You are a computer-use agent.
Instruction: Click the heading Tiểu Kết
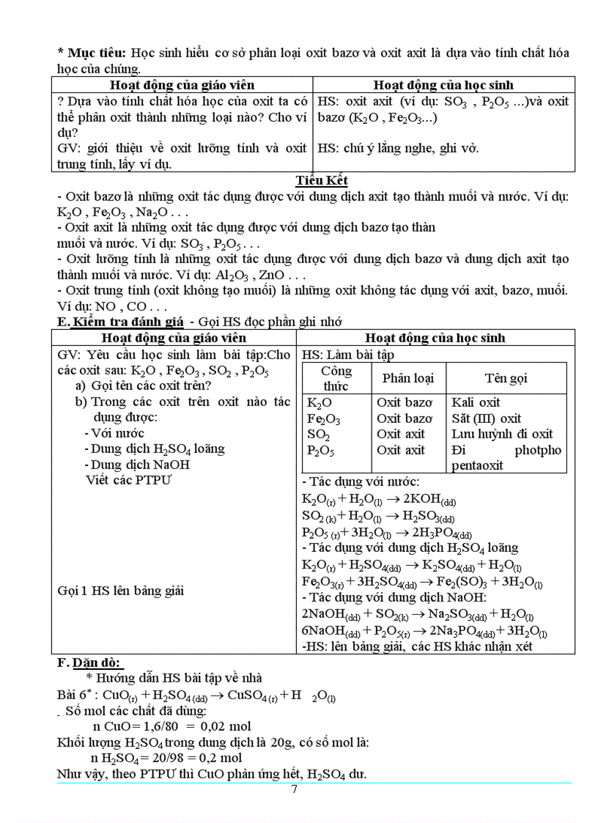tap(321, 180)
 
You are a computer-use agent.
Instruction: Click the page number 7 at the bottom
tap(294, 789)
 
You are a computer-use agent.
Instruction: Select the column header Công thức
tap(336, 378)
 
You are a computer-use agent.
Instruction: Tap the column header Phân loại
tap(407, 378)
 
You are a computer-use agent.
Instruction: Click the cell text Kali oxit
tap(476, 402)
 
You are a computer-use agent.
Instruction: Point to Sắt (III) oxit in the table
tap(486, 418)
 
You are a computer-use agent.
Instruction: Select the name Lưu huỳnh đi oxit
tap(502, 434)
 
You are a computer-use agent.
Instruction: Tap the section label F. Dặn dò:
tap(89, 663)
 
